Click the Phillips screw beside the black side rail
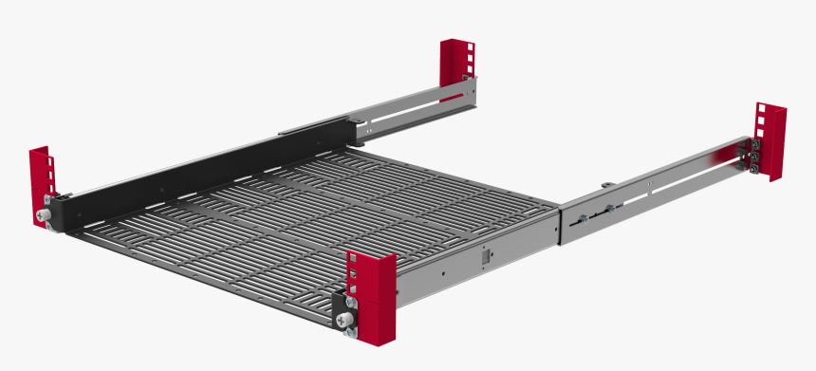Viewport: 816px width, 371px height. pyautogui.click(x=44, y=217)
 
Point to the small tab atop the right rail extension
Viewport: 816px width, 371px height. pyautogui.click(x=604, y=178)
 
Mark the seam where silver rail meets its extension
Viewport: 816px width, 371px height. pyautogui.click(x=562, y=223)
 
